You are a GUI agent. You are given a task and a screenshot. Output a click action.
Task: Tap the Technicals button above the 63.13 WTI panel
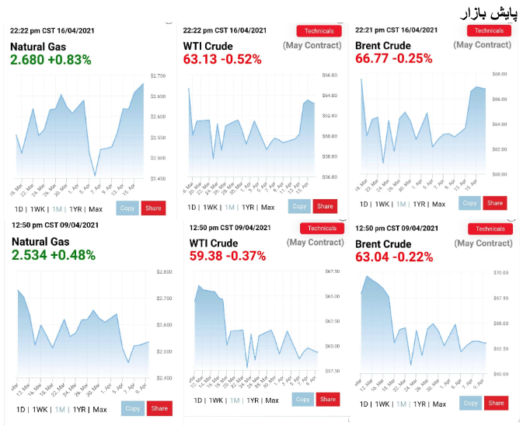coord(319,31)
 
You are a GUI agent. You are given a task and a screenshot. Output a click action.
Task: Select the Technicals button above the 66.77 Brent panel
coord(489,31)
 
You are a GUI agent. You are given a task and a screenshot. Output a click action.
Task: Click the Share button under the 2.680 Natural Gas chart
coord(153,208)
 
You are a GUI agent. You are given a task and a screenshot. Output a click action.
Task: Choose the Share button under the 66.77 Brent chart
coord(493,203)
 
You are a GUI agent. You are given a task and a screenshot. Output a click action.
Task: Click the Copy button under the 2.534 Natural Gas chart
coord(132,408)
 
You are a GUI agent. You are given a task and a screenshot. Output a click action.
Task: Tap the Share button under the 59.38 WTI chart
coord(327,399)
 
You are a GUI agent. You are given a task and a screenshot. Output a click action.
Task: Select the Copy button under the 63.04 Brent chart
coord(470,403)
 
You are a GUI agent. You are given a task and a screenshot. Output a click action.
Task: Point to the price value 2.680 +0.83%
coord(51,60)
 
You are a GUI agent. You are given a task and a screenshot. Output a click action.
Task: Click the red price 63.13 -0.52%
coord(222,58)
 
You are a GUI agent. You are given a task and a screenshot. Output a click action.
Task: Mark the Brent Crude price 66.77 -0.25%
coord(393,58)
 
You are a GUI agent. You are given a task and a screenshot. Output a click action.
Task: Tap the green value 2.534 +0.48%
coord(54,255)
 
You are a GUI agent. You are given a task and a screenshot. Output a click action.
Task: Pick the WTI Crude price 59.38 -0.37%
coord(228,256)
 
